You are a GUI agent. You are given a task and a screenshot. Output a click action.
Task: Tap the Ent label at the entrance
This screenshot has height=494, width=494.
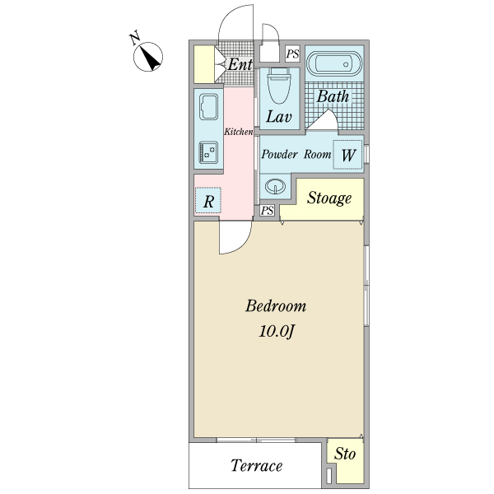[x=240, y=64]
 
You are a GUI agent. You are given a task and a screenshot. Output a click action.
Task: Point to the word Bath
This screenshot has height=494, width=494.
[x=333, y=96]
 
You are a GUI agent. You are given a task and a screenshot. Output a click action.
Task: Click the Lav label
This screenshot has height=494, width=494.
[x=277, y=117]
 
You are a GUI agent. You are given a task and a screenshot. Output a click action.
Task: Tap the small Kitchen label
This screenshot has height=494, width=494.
[x=239, y=132]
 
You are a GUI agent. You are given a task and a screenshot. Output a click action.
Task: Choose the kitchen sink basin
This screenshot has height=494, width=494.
[x=207, y=108]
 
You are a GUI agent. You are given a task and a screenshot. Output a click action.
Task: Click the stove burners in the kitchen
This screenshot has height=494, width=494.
[x=207, y=152]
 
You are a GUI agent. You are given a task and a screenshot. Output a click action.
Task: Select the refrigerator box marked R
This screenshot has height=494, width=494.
[x=208, y=200]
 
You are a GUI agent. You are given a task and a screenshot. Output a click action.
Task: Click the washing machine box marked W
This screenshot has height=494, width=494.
[x=347, y=154]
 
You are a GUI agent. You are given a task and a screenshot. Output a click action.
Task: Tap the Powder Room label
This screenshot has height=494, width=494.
[x=296, y=154]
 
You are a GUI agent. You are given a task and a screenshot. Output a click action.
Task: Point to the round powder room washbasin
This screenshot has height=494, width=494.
[x=276, y=187]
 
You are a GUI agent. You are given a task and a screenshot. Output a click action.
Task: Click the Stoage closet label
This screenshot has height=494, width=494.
[x=329, y=198]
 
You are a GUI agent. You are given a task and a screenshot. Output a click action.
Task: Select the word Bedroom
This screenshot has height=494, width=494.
[x=276, y=306]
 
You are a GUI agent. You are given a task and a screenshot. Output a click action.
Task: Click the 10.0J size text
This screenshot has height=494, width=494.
[x=276, y=333]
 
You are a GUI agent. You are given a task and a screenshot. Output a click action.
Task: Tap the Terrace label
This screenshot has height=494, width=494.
[x=256, y=466]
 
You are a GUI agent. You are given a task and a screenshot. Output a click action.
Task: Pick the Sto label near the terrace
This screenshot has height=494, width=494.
[x=346, y=454]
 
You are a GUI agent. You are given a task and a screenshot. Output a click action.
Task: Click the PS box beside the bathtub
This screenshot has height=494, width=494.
[x=292, y=54]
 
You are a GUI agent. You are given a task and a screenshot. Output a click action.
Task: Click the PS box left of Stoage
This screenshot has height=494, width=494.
[x=268, y=211]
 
